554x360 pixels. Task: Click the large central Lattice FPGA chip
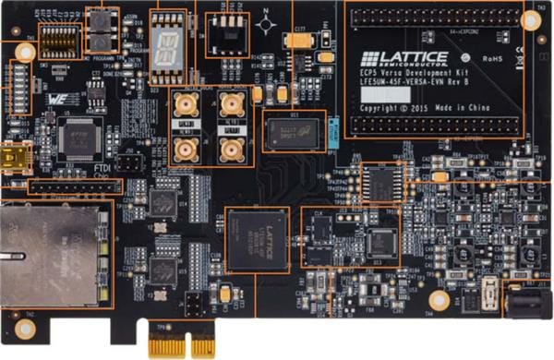tap(258, 238)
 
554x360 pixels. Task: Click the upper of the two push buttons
tap(102, 20)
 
